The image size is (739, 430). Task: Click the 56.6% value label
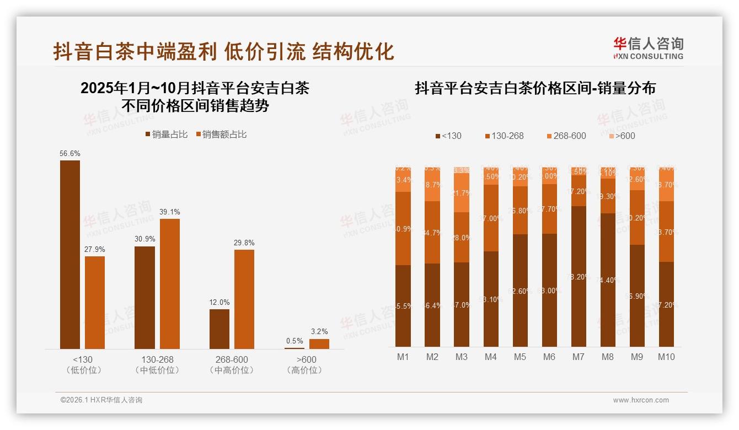pyautogui.click(x=69, y=154)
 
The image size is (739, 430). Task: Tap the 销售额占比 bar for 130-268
pyautogui.click(x=170, y=284)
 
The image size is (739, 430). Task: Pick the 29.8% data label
pyautogui.click(x=244, y=243)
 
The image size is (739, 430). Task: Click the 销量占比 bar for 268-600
pyautogui.click(x=219, y=329)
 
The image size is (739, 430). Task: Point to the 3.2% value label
pyautogui.click(x=319, y=332)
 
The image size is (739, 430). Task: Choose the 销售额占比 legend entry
pyautogui.click(x=222, y=135)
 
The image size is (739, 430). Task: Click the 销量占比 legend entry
pyautogui.click(x=167, y=135)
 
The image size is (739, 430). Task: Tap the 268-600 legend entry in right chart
pyautogui.click(x=566, y=136)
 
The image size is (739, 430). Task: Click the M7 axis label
pyautogui.click(x=578, y=357)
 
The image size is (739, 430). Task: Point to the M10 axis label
pyautogui.click(x=666, y=357)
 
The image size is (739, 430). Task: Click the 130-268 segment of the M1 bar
pyautogui.click(x=403, y=228)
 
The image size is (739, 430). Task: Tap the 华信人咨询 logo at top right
pyautogui.click(x=649, y=48)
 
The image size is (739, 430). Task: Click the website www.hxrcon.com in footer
pyautogui.click(x=641, y=400)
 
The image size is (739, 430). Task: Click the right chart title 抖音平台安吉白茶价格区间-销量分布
pyautogui.click(x=535, y=89)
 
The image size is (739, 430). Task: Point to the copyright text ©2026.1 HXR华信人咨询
pyautogui.click(x=101, y=400)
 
